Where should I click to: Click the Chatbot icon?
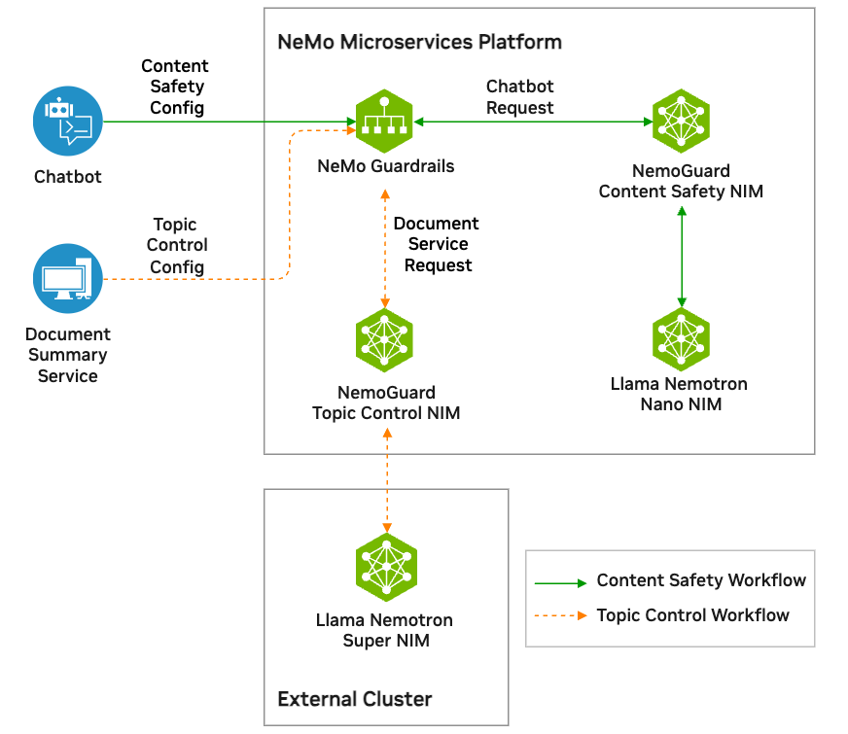click(68, 121)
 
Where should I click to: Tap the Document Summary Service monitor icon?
click(68, 279)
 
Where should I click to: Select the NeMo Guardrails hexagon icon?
click(384, 121)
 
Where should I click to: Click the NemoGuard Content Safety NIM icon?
click(681, 121)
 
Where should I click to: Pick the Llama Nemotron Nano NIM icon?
click(681, 339)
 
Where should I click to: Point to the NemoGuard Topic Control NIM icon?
click(386, 339)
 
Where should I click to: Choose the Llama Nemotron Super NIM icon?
click(386, 567)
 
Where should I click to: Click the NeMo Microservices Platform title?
click(419, 42)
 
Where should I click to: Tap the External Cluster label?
click(354, 699)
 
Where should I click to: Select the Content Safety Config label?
click(176, 87)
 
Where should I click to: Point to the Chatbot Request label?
click(519, 97)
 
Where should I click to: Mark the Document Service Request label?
click(437, 244)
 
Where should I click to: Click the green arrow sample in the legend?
click(560, 582)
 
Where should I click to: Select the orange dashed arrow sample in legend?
click(560, 616)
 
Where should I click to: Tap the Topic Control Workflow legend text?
click(692, 615)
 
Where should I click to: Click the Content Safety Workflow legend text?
click(701, 580)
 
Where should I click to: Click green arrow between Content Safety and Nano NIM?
click(681, 255)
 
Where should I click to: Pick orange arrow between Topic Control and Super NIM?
click(386, 476)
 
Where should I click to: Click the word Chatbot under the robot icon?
click(68, 177)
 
